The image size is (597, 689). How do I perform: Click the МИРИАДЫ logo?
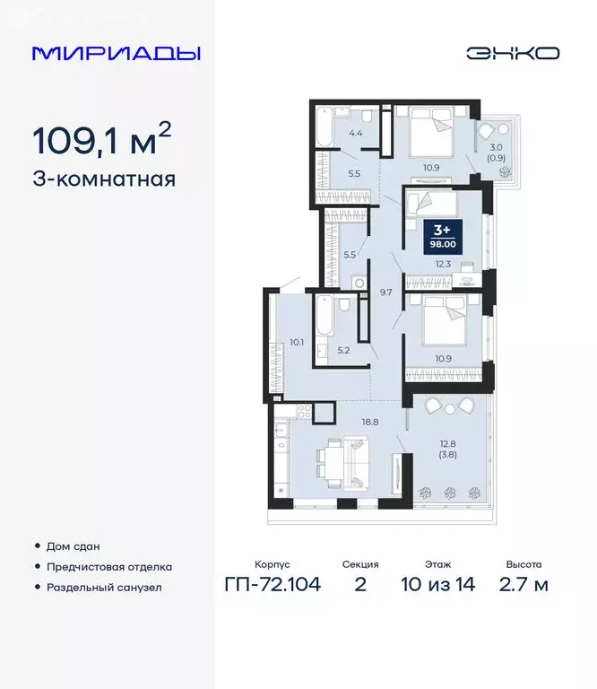click(x=117, y=53)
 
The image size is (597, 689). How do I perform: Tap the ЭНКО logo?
click(x=513, y=53)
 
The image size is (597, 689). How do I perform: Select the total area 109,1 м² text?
click(x=101, y=140)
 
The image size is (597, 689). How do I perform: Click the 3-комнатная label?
click(x=103, y=179)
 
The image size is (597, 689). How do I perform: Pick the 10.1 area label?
click(x=298, y=342)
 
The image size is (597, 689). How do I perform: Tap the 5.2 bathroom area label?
click(x=343, y=352)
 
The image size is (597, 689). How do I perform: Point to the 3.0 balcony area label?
click(x=495, y=148)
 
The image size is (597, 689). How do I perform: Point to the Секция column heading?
click(x=360, y=565)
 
